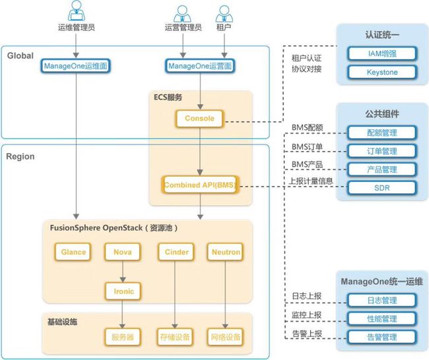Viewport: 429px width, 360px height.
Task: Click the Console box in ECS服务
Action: [199, 119]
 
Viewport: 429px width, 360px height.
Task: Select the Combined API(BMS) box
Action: [200, 185]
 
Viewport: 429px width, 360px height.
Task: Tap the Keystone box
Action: [382, 72]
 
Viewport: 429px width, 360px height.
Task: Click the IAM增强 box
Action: [382, 53]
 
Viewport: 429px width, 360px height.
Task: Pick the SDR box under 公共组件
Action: [382, 188]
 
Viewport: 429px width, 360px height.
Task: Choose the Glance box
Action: [73, 252]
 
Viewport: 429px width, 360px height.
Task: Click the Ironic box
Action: [123, 291]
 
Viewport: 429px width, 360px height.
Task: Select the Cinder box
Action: [176, 252]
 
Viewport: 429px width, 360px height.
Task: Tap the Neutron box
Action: [226, 252]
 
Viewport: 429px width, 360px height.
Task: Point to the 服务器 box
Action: [123, 337]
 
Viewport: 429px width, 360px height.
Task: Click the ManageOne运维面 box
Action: [75, 66]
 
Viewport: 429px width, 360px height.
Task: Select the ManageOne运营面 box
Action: [200, 66]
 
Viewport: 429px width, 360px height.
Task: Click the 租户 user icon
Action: [224, 14]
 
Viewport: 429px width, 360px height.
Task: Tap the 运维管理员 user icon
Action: [77, 11]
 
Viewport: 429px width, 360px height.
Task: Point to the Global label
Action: [20, 56]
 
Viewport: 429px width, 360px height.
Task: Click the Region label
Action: [20, 157]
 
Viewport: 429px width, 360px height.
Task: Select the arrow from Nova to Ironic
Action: [123, 272]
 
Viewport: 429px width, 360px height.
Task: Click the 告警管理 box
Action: [382, 337]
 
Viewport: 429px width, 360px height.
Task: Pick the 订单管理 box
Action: [382, 151]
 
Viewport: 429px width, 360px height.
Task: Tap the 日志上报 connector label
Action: [307, 296]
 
